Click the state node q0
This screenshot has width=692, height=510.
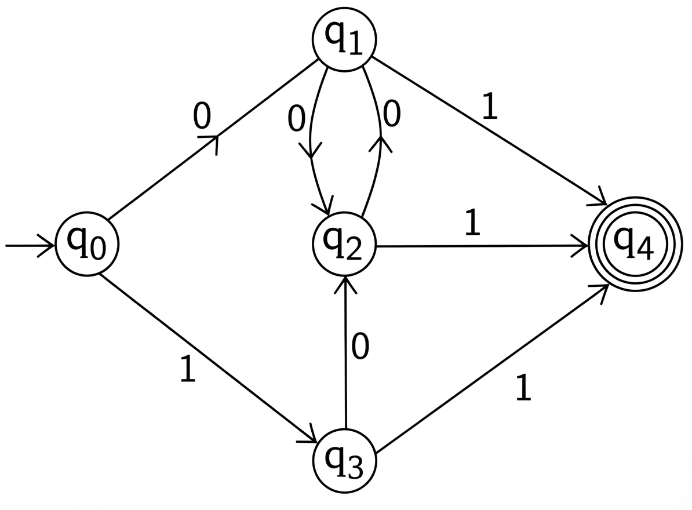point(87,245)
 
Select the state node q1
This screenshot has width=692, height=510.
point(344,40)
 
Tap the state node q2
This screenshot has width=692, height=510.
point(344,245)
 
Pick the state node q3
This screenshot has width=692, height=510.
point(345,461)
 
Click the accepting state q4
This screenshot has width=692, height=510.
point(635,244)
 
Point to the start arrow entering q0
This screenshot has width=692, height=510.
point(30,245)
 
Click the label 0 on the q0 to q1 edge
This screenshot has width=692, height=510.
point(202,115)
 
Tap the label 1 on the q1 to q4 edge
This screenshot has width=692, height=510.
point(490,106)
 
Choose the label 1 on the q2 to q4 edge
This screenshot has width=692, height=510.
point(473,222)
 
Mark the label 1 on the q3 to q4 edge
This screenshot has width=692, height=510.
point(523,387)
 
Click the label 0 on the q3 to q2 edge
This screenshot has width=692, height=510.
point(360,347)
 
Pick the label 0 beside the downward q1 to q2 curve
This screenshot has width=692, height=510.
point(296,119)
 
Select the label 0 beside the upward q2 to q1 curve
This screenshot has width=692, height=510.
point(391,114)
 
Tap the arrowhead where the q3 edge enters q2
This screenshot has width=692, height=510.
point(345,283)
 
